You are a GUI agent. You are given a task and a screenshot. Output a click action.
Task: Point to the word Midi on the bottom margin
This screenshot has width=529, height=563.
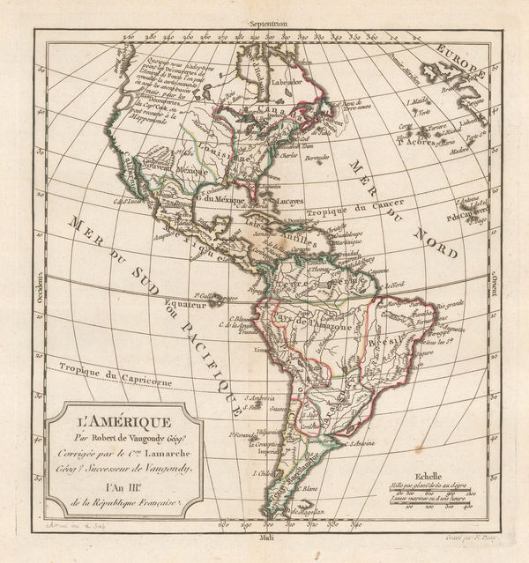coord(270,537)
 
